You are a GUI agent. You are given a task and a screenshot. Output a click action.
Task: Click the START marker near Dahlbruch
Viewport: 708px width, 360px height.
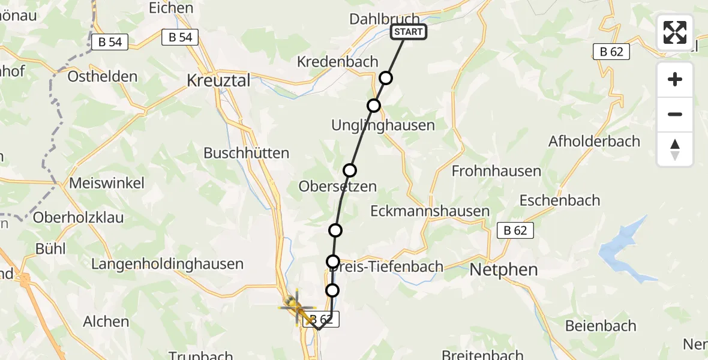[x=409, y=32]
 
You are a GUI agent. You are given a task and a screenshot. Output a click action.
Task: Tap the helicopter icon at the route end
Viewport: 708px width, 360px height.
[x=296, y=307]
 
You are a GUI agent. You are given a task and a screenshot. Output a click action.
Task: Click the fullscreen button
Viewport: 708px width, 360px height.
[x=675, y=32]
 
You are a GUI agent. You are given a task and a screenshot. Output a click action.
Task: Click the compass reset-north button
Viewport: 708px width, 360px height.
[x=675, y=149]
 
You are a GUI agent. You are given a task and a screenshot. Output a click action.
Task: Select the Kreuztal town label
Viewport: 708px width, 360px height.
[x=218, y=80]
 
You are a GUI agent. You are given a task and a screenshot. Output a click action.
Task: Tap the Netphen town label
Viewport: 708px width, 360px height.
[x=503, y=269]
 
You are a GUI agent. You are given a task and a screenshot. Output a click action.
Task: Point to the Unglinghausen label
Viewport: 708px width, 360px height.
[x=383, y=125]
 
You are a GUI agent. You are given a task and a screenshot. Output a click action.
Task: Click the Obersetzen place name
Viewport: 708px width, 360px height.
[x=338, y=187]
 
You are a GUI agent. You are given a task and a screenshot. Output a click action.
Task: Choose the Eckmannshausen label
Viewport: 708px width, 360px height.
[x=430, y=211]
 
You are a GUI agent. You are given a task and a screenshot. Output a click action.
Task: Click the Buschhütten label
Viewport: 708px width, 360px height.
[x=247, y=153]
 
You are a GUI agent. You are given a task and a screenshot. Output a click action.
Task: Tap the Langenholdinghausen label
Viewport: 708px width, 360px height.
[x=167, y=264]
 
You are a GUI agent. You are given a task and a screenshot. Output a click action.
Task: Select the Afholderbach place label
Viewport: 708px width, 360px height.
[x=594, y=142]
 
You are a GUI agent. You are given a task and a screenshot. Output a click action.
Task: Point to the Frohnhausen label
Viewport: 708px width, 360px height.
[x=496, y=171]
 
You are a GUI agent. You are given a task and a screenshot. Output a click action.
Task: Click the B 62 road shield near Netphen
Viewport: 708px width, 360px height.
[x=515, y=230]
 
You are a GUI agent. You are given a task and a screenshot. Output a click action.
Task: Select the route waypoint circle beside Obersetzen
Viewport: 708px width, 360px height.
[x=350, y=170]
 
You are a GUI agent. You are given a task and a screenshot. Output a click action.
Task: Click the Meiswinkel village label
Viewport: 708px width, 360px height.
[x=107, y=184]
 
